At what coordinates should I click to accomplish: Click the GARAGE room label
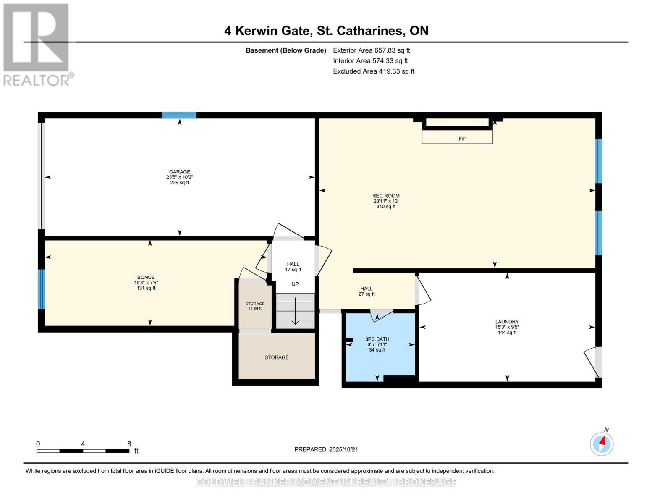point(179,172)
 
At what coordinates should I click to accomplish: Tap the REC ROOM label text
point(386,196)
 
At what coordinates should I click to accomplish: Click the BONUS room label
point(146,277)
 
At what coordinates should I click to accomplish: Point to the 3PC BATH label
point(377,339)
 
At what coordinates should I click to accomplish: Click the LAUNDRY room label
point(507,322)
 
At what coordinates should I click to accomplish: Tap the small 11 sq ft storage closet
point(255,306)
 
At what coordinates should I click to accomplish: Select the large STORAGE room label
point(276,357)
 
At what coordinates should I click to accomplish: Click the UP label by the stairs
point(295,284)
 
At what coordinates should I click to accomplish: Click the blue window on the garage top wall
point(179,115)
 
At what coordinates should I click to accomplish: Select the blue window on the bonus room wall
point(41,289)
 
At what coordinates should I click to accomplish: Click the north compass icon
point(602,444)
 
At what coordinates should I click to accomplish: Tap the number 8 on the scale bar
point(129,444)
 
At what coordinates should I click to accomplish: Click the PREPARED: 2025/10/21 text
point(326,449)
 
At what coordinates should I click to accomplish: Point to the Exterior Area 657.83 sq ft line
point(371,50)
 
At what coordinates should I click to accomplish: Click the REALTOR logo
point(37,44)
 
